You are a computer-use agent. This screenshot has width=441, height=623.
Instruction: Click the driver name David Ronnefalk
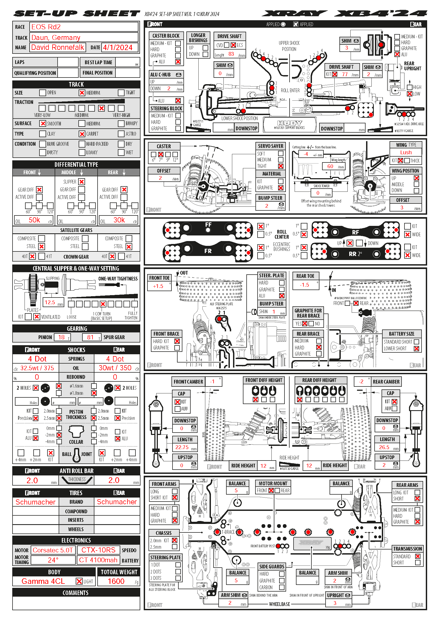(58, 47)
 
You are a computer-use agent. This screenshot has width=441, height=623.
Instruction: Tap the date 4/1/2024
(118, 48)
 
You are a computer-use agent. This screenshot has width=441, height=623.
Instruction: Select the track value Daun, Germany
(56, 38)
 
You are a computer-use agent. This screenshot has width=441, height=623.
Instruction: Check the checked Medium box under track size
(82, 93)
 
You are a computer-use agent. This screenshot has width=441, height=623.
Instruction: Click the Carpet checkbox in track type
(82, 134)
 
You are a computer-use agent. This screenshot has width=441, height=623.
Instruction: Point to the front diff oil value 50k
(34, 220)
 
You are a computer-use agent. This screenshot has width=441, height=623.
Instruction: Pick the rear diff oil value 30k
(119, 220)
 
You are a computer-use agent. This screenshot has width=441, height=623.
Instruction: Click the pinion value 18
(61, 337)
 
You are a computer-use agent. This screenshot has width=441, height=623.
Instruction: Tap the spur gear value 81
(90, 337)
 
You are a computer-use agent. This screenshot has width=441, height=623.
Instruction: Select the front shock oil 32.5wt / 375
(37, 368)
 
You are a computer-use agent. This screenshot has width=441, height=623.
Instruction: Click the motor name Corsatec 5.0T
(53, 550)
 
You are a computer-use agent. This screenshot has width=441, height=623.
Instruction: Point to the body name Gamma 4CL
(43, 581)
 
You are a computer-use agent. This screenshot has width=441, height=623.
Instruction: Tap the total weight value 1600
(116, 581)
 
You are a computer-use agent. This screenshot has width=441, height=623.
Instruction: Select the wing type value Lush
(406, 153)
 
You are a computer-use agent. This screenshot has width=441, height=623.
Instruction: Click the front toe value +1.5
(158, 286)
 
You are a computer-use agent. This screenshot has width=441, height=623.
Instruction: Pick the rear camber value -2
(361, 381)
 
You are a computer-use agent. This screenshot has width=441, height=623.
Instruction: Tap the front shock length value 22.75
(182, 447)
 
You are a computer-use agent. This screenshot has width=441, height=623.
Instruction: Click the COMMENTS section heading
(76, 593)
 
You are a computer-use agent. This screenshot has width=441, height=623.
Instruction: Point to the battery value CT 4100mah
(98, 560)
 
